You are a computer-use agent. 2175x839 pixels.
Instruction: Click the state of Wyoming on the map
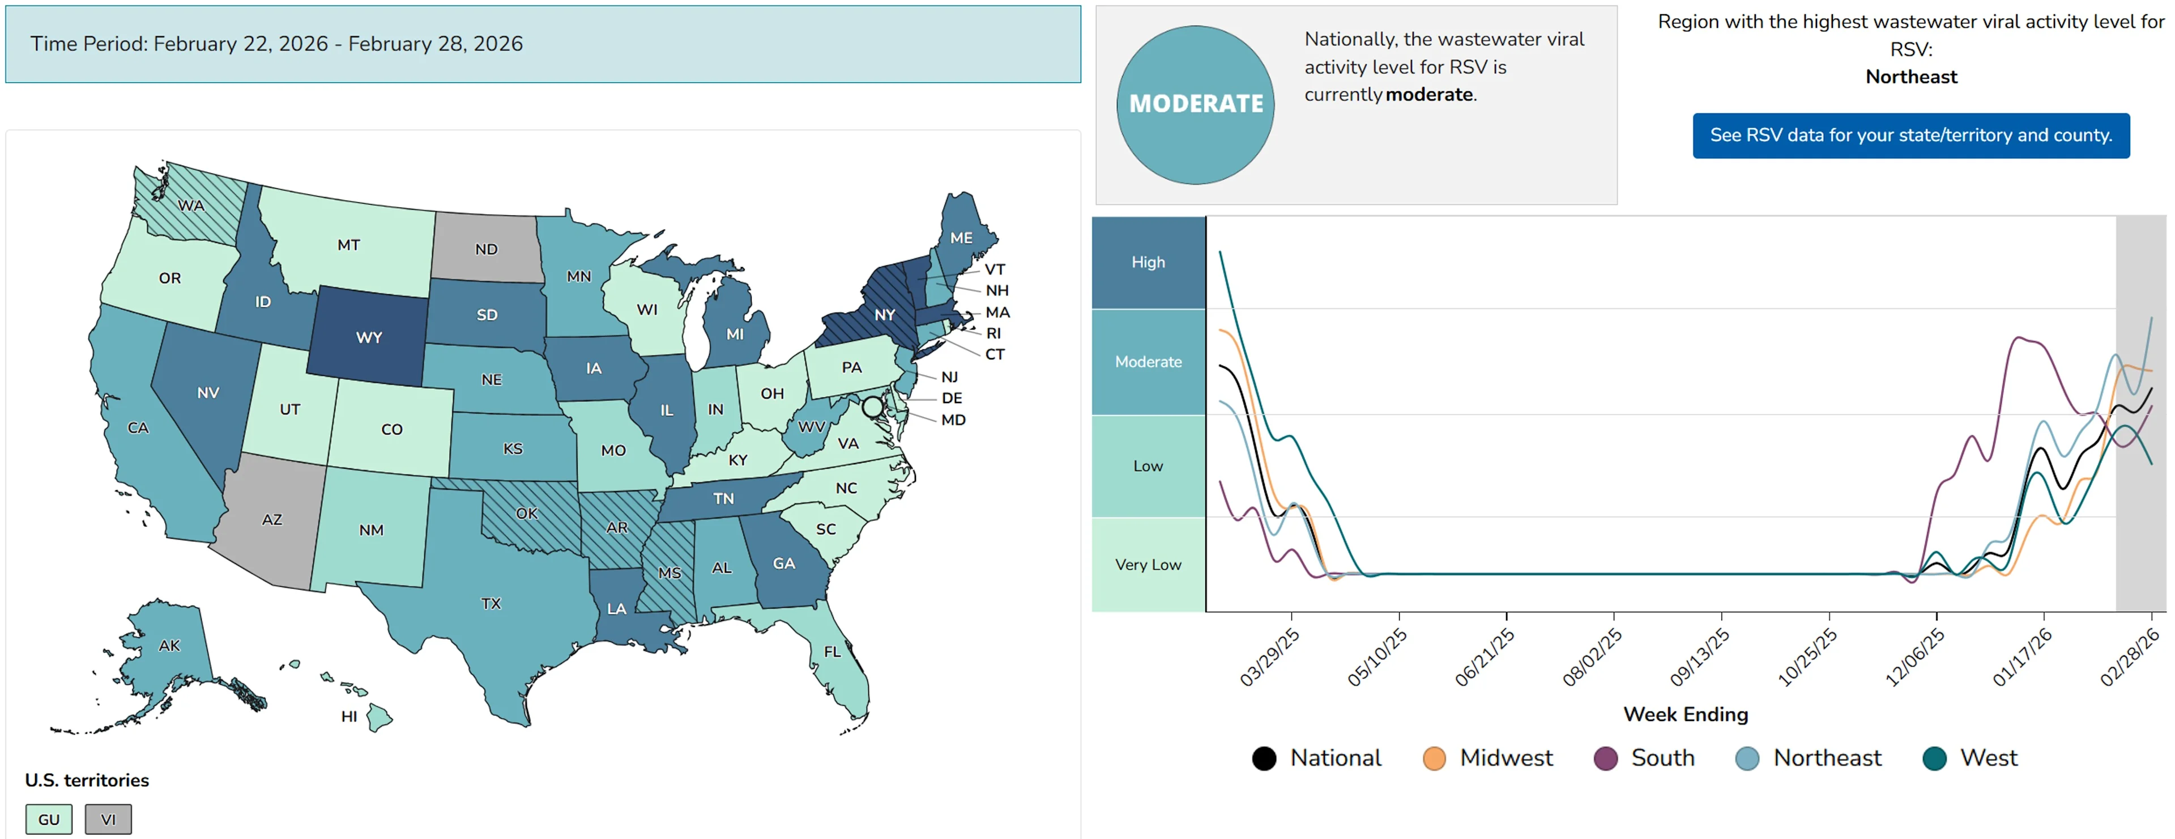click(368, 337)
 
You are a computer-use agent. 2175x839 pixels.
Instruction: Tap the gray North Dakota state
click(487, 249)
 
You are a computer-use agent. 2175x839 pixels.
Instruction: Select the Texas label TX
click(491, 603)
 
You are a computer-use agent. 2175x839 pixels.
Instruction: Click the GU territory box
click(49, 819)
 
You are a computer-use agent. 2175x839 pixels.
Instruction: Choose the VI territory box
click(108, 819)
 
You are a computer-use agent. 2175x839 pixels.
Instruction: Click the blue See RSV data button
click(1910, 135)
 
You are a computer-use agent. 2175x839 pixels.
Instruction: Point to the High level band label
click(1148, 262)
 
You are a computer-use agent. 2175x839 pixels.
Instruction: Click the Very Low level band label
click(1148, 565)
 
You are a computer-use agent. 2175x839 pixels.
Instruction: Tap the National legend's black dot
click(1264, 758)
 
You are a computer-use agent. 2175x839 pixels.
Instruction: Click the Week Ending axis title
click(1685, 714)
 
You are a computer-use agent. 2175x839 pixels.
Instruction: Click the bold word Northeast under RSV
click(1910, 77)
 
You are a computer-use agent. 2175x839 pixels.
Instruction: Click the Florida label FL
click(833, 651)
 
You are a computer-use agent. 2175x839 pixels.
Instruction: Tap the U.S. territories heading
click(87, 780)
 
